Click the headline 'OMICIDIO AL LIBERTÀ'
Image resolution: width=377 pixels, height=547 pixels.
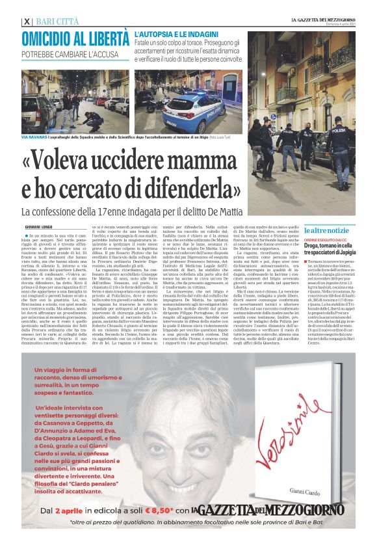[75, 38]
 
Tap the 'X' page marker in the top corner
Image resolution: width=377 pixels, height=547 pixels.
[26, 21]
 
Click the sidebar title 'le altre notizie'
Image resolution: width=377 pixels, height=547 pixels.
[327, 231]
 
